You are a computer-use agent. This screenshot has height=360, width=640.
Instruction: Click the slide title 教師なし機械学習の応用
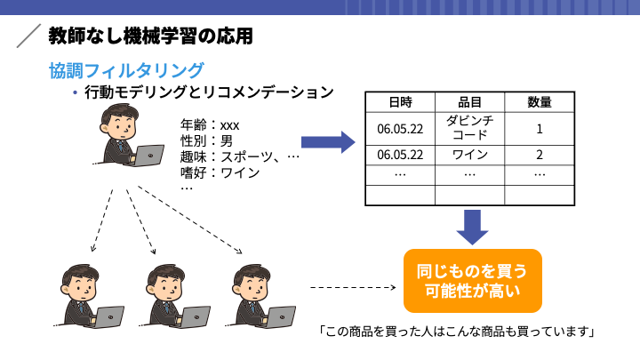pos(150,36)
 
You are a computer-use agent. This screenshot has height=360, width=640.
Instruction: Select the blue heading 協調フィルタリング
pos(126,70)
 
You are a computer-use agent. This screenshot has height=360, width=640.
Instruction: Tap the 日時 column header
pos(400,102)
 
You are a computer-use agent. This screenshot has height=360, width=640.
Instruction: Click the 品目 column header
pos(470,102)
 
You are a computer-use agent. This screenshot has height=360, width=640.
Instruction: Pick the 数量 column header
pos(540,102)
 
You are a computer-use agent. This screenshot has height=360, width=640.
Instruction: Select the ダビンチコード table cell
pos(470,128)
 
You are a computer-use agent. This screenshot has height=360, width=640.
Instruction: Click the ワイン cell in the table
pos(470,155)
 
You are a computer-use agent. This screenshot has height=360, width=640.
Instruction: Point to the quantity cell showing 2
pos(540,155)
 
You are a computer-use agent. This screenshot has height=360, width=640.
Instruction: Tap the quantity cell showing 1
pos(540,129)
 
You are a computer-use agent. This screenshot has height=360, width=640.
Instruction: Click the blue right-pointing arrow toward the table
pos(328,142)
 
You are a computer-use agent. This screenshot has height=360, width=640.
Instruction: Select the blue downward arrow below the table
pos(472,228)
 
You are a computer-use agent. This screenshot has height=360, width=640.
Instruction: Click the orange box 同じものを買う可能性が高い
pos(473,281)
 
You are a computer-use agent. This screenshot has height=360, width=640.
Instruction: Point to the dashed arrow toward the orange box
pos(353,287)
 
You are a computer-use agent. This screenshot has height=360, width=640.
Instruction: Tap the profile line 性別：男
pos(206,140)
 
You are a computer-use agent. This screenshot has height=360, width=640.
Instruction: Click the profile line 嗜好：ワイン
pos(220,172)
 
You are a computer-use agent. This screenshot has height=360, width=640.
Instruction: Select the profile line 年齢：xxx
pos(210,125)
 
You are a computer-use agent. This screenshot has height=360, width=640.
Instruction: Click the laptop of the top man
pos(148,156)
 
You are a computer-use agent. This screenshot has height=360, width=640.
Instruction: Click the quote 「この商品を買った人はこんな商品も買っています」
pos(457,331)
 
